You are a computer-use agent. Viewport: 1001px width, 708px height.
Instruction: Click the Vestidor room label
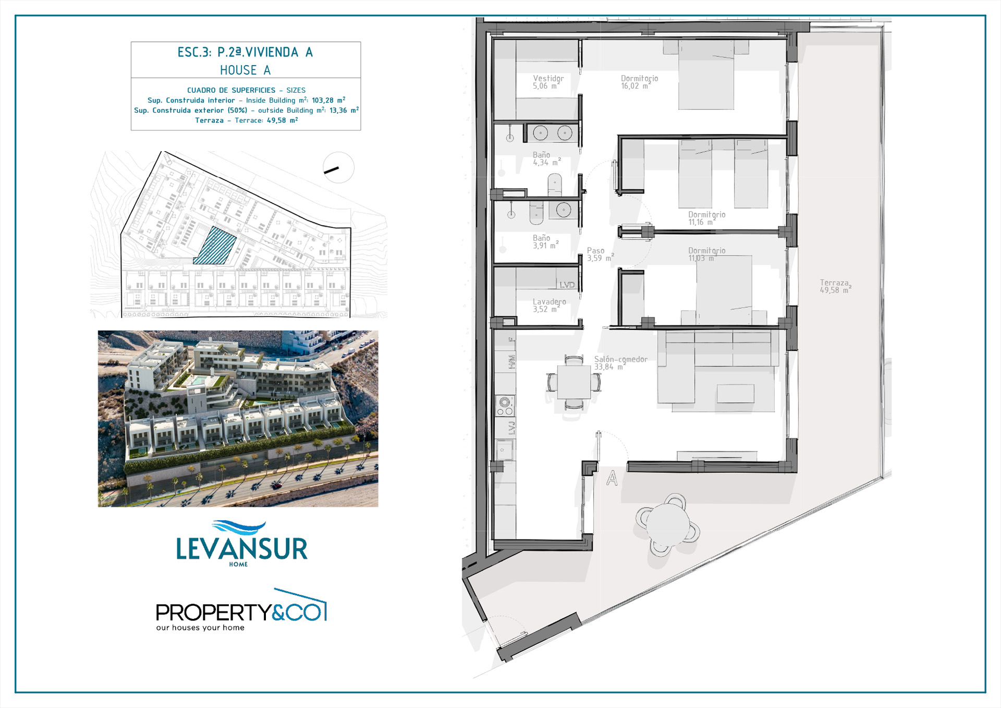pos(548,82)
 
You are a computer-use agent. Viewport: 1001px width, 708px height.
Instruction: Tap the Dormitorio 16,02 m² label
pos(639,82)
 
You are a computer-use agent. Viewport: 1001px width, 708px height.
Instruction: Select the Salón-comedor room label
pos(620,363)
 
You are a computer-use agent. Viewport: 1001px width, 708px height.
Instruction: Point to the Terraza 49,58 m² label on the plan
pos(835,286)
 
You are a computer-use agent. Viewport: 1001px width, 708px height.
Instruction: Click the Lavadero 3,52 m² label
pos(549,305)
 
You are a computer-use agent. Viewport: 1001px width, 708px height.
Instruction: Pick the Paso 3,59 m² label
pos(600,254)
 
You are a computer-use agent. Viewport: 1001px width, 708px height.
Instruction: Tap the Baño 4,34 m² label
pos(546,158)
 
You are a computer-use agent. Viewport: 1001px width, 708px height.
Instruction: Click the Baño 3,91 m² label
pos(545,241)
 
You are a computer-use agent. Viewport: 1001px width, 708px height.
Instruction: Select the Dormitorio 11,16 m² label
pos(706,218)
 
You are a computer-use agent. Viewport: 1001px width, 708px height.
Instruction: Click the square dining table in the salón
pos(573,382)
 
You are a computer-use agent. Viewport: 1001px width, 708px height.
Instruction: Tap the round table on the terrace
pos(668,524)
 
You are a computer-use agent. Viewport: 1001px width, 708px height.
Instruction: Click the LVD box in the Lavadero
pos(567,285)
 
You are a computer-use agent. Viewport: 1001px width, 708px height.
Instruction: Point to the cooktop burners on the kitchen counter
pos(504,406)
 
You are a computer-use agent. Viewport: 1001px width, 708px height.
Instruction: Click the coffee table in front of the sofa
pos(735,393)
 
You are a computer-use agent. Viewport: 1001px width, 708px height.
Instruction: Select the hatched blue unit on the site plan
pos(215,246)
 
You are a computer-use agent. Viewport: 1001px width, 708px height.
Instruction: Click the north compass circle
pos(338,167)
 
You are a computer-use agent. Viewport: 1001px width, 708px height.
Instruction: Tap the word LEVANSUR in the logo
pos(242,548)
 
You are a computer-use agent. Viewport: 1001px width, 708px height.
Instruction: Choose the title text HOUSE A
pos(245,70)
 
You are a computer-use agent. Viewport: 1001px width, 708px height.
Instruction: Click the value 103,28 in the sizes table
pos(323,100)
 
